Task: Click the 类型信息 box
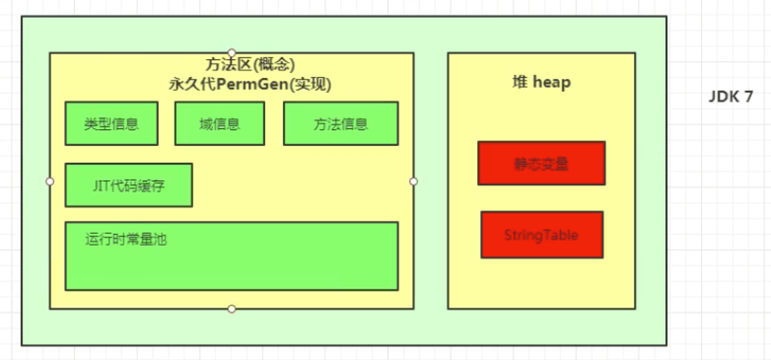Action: (111, 123)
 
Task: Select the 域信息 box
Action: (219, 123)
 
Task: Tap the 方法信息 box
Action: (341, 123)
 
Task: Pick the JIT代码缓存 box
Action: (129, 185)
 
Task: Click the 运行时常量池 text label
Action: (126, 240)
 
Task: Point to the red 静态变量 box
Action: (541, 163)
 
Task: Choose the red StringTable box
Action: (542, 235)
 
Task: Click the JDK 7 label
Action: (731, 97)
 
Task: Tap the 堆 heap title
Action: (541, 82)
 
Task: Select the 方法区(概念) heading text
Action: (249, 65)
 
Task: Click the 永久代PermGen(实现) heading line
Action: (249, 84)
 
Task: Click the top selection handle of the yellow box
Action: (232, 53)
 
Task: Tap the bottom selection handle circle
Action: (232, 309)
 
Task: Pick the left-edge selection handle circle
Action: (49, 181)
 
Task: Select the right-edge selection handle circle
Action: (414, 181)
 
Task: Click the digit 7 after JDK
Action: (748, 97)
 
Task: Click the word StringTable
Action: (542, 235)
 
